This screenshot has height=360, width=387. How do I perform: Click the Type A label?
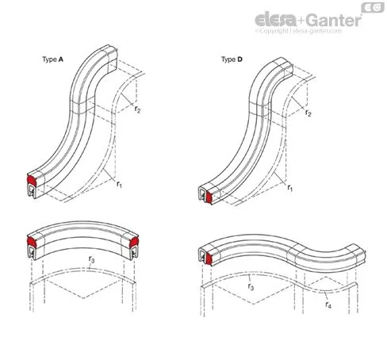click(52, 59)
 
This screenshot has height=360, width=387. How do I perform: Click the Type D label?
click(232, 59)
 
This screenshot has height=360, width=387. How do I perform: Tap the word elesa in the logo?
click(276, 20)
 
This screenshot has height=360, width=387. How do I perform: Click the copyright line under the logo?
click(298, 31)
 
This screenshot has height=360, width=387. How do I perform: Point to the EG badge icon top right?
click(373, 8)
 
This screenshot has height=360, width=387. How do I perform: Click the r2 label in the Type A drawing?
click(137, 109)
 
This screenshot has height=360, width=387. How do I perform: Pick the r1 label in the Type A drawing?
click(120, 184)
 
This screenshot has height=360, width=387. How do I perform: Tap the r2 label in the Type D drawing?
click(308, 113)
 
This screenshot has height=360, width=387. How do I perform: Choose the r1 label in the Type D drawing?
click(290, 188)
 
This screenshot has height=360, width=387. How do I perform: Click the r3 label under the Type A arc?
click(91, 259)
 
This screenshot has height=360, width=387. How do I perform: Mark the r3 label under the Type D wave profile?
click(251, 286)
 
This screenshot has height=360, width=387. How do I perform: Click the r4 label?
click(328, 304)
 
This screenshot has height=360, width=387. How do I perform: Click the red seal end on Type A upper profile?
click(33, 179)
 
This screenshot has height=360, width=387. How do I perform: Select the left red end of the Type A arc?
click(33, 241)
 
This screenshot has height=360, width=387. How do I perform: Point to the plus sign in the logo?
click(301, 21)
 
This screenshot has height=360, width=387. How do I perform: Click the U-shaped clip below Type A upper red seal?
click(32, 190)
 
